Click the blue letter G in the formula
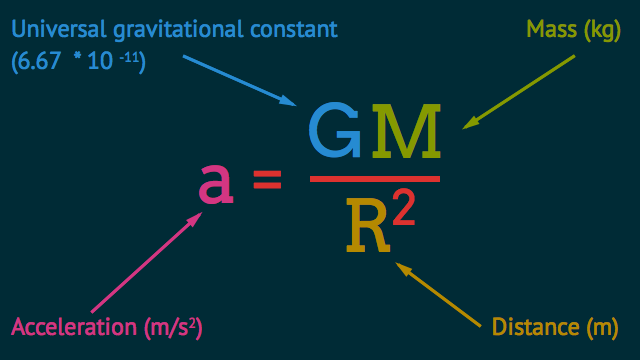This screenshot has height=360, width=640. [335, 132]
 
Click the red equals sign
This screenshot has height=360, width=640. [267, 182]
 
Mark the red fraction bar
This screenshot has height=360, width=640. [375, 178]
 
